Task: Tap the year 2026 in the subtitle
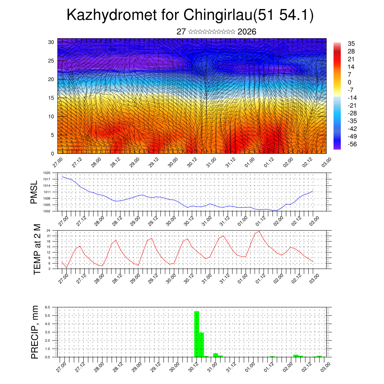[247, 32]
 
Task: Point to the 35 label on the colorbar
[352, 43]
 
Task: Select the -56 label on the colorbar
[353, 144]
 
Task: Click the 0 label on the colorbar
[349, 82]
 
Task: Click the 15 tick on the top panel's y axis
[51, 98]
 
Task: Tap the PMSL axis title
[34, 192]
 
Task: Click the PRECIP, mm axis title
[35, 332]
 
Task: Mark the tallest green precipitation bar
[196, 334]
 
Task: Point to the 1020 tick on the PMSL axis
[47, 173]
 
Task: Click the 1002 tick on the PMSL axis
[47, 211]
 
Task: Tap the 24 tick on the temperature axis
[49, 230]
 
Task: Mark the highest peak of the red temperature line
[259, 231]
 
